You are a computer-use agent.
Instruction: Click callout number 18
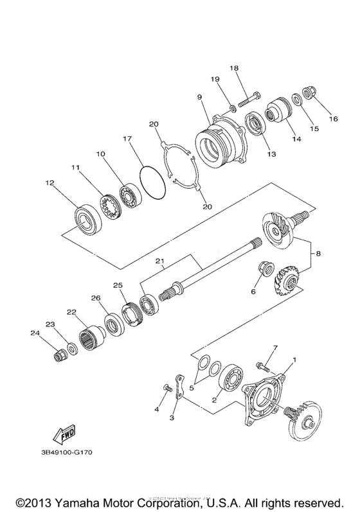(234, 68)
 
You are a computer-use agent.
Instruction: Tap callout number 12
(50, 183)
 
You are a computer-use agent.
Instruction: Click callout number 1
(295, 360)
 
